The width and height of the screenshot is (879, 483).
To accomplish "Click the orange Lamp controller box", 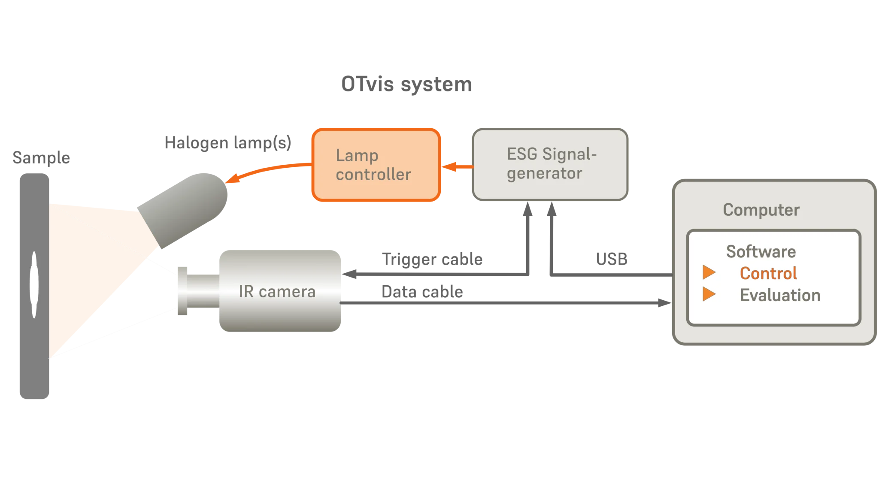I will [376, 165].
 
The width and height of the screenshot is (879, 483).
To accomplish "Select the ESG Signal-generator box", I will [551, 164].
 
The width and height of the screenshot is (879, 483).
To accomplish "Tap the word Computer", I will [761, 210].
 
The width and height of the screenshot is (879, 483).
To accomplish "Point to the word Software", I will [761, 251].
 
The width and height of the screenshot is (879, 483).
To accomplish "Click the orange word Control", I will [768, 273].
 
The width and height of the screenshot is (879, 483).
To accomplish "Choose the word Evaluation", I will [780, 295].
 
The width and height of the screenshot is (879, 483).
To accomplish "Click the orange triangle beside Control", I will [709, 272].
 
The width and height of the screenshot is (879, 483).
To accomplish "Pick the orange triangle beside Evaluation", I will [709, 294].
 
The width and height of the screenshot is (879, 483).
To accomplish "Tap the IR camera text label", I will [277, 292].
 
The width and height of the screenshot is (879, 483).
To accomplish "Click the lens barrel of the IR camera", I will [202, 290].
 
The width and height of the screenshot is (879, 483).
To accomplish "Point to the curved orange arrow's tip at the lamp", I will [227, 181].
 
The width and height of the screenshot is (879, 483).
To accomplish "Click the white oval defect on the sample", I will [34, 284].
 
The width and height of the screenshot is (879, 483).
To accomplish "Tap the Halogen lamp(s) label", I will [227, 143].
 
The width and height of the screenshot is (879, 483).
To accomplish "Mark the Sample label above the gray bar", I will [41, 157].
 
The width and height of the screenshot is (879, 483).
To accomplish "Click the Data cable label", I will [421, 293].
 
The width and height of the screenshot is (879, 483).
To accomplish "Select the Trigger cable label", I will [432, 260].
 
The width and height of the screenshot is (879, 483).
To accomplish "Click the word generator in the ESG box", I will [544, 174].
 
